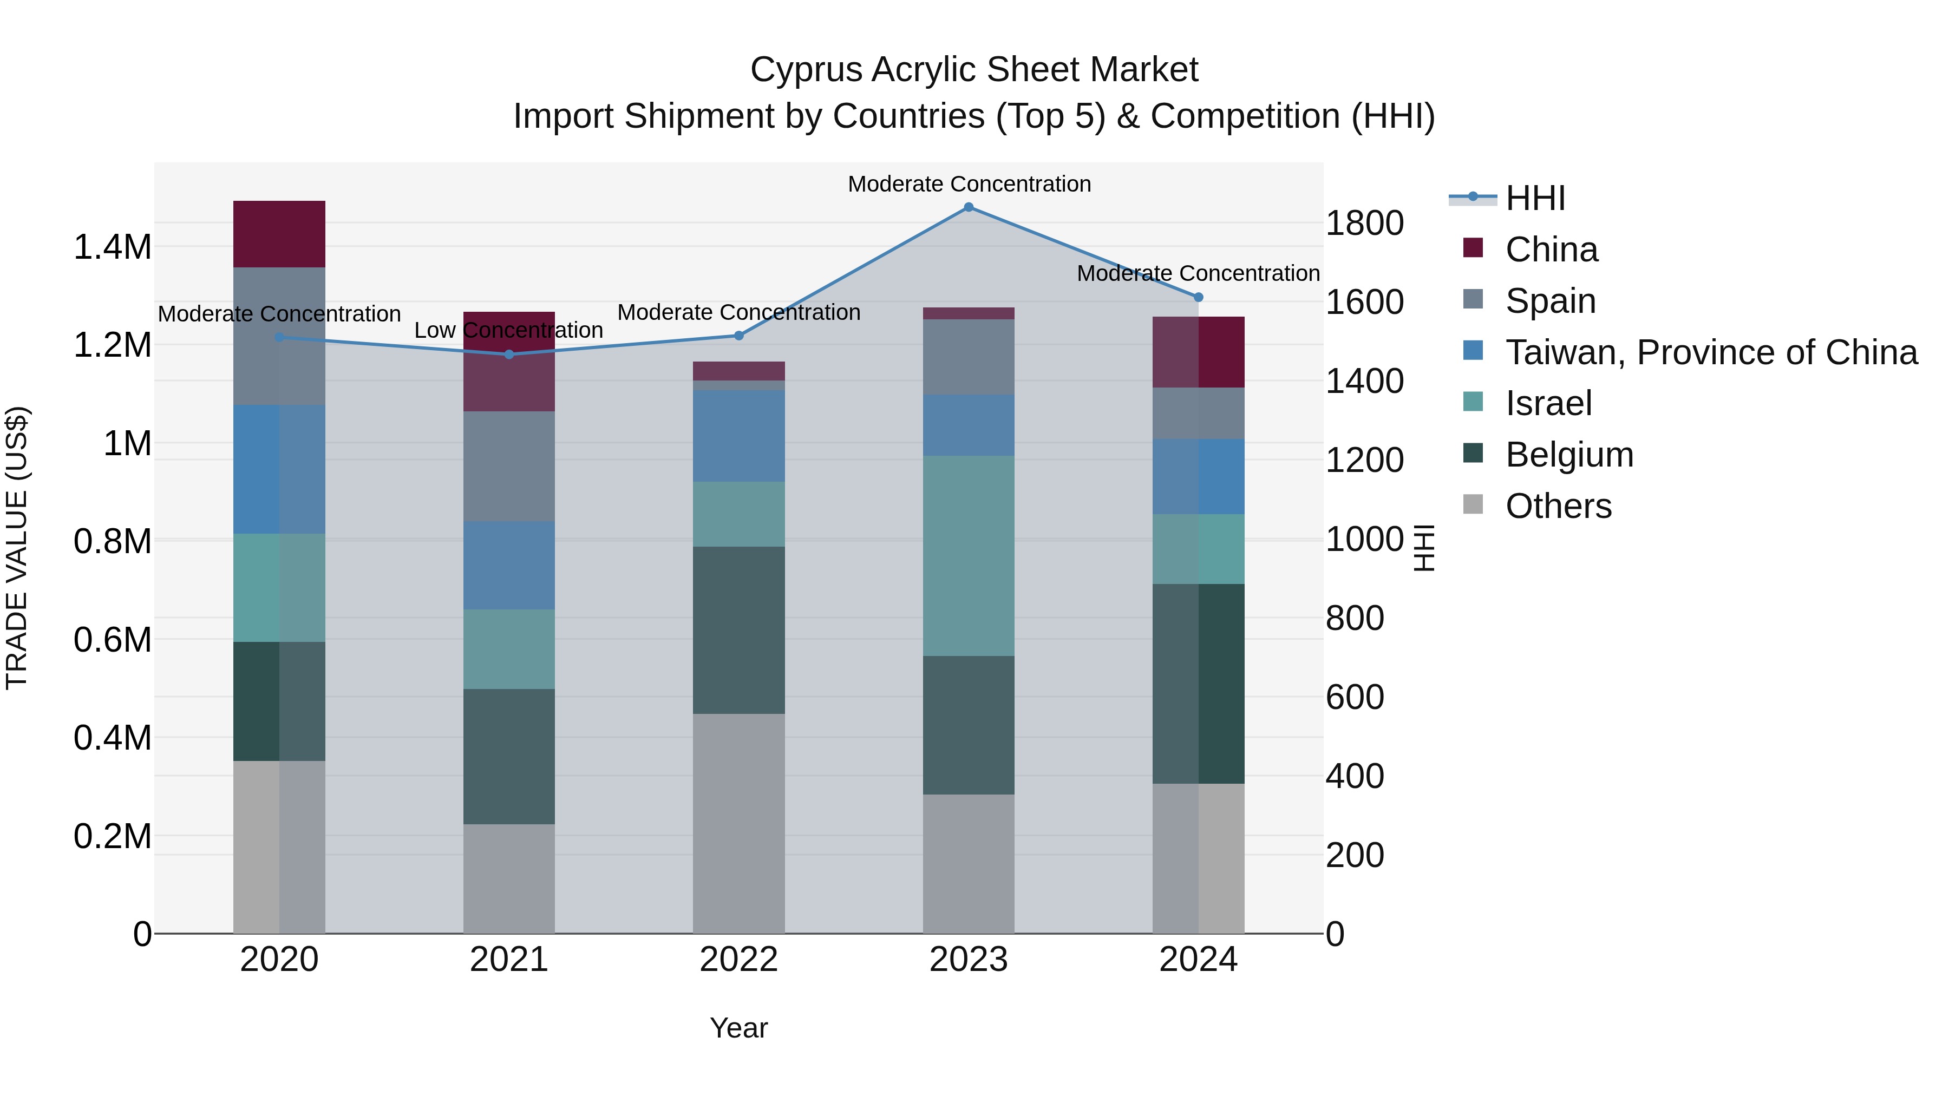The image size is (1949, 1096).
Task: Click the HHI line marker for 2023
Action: pos(969,207)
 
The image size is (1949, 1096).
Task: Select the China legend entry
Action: pos(1551,250)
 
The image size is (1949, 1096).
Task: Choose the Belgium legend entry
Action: pos(1568,455)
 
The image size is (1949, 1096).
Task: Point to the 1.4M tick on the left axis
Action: pos(112,247)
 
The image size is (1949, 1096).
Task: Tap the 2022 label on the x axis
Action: pos(738,960)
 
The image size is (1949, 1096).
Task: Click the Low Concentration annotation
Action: pos(508,331)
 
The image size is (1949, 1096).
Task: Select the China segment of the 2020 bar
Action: pos(279,234)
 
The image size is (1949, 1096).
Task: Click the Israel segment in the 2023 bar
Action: pos(969,555)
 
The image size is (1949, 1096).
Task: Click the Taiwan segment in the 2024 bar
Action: pos(1199,476)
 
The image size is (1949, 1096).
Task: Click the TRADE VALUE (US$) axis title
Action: pos(17,548)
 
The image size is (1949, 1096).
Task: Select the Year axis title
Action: pos(738,1028)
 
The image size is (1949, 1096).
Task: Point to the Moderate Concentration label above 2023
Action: pos(969,184)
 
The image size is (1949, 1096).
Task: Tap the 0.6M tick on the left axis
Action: pos(112,640)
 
